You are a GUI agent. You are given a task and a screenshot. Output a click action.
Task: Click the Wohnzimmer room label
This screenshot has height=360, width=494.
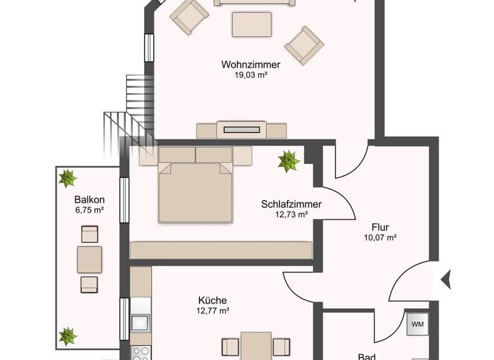(251, 64)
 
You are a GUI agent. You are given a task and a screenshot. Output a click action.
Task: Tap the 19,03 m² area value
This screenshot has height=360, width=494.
(251, 75)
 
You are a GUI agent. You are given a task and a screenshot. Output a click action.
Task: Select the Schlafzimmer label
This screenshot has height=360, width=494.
(291, 204)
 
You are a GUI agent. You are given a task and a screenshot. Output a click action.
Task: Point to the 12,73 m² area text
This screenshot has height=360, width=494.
(291, 215)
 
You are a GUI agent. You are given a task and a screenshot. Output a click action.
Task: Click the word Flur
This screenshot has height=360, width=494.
(380, 227)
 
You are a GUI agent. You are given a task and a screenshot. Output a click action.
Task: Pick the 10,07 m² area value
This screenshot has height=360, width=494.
(380, 237)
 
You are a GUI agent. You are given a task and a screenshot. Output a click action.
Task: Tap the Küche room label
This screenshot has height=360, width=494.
(212, 300)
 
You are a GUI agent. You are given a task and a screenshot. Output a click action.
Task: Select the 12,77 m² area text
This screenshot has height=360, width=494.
(212, 310)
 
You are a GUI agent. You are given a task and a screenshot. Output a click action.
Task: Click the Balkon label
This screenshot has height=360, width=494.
(89, 199)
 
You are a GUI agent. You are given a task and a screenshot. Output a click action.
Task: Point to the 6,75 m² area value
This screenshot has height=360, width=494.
(89, 210)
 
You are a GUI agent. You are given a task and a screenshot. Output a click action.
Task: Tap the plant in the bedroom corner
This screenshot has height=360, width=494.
(289, 161)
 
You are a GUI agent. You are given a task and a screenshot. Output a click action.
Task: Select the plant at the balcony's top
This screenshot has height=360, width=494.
(68, 177)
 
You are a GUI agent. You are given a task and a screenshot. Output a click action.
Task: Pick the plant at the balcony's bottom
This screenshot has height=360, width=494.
(68, 336)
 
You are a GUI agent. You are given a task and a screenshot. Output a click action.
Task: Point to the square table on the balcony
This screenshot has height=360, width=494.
(89, 259)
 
